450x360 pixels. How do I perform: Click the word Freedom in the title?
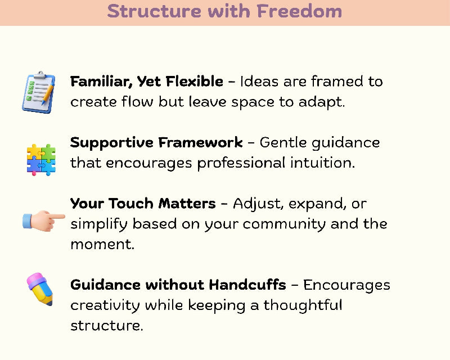tap(299, 11)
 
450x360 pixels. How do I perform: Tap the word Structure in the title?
tap(154, 11)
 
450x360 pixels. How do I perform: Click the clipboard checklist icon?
tap(39, 92)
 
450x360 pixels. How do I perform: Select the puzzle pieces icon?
tap(41, 160)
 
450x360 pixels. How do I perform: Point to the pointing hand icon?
tap(44, 220)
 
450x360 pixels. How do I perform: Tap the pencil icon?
tap(40, 289)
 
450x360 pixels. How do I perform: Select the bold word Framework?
tap(200, 142)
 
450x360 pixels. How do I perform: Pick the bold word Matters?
tap(187, 204)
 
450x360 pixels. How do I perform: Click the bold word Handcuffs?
tap(247, 285)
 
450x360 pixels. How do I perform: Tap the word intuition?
tap(322, 163)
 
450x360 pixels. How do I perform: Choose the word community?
tap(284, 224)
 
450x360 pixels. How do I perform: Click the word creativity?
tap(105, 306)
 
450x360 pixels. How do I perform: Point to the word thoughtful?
tap(303, 305)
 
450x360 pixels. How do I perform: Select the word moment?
tap(102, 245)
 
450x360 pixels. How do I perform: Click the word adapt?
tap(321, 102)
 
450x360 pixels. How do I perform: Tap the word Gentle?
tap(283, 142)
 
